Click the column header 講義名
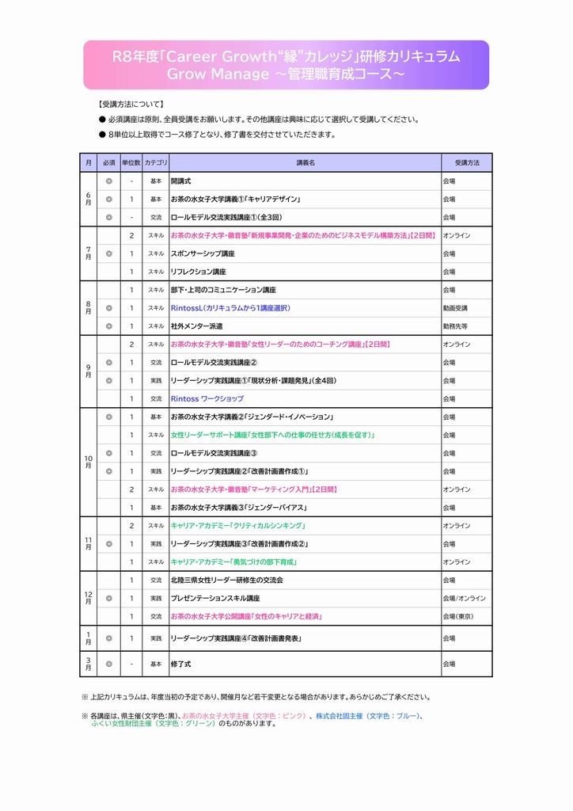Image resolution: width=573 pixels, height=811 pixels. [x=305, y=162]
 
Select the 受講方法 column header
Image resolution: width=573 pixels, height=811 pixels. [x=466, y=162]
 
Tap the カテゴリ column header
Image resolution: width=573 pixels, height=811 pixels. [x=156, y=162]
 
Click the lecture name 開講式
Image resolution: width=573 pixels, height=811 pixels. [x=181, y=181]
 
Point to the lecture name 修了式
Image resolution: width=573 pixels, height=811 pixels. [x=181, y=664]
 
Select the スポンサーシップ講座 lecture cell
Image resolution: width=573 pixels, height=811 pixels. [x=203, y=253]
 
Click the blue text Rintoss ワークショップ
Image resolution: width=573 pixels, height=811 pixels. [x=207, y=398]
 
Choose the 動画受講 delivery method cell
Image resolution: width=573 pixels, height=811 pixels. [x=455, y=308]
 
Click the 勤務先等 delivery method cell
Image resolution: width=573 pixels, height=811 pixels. [x=455, y=326]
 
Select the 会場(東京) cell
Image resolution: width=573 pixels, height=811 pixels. [x=459, y=616]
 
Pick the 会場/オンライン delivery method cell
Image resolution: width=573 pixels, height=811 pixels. [x=465, y=598]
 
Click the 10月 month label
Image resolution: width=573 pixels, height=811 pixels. [x=88, y=462]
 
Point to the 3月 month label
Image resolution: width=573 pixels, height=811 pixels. [x=88, y=664]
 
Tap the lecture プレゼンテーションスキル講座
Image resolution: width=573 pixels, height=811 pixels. [x=215, y=598]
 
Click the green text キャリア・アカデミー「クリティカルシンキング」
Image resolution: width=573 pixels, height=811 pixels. [x=238, y=525]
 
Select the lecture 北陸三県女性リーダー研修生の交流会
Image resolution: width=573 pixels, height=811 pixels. [x=227, y=580]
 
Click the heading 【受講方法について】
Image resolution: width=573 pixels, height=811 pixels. [x=131, y=104]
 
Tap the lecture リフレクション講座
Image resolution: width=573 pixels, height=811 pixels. [x=199, y=272]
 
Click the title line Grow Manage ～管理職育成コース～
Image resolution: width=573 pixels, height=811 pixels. [x=286, y=74]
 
